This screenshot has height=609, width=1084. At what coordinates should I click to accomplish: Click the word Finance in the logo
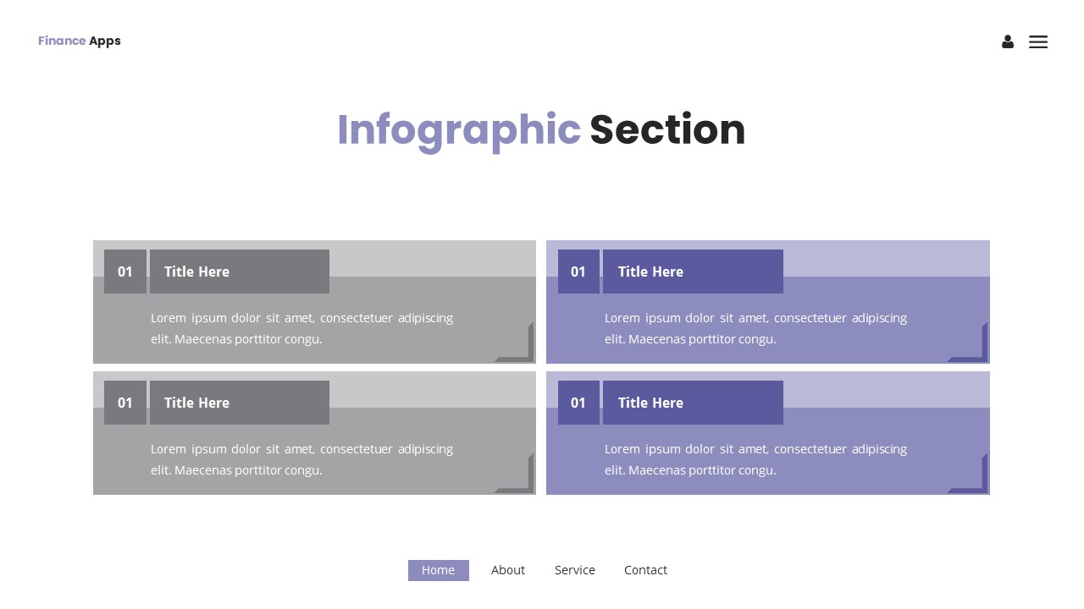click(62, 41)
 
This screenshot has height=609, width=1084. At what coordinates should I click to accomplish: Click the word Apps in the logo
click(105, 41)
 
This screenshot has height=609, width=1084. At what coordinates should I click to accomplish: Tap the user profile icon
click(1008, 41)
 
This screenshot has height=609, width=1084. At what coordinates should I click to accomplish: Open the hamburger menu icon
click(1038, 41)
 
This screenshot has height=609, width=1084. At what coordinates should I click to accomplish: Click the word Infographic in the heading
click(458, 130)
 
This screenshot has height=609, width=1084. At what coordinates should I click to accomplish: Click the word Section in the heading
click(667, 130)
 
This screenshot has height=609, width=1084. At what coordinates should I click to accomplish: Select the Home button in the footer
click(438, 570)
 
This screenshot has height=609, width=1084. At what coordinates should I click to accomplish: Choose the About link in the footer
click(508, 570)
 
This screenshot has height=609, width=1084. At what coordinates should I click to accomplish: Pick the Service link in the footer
click(575, 570)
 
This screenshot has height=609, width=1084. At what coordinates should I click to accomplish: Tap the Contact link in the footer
click(645, 570)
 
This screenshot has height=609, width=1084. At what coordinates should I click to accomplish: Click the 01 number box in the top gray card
click(125, 272)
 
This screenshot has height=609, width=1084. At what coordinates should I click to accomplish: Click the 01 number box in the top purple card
click(578, 272)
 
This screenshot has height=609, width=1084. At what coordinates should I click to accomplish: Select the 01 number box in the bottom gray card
click(125, 403)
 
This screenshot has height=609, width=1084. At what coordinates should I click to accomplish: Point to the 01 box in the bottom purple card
click(578, 403)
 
